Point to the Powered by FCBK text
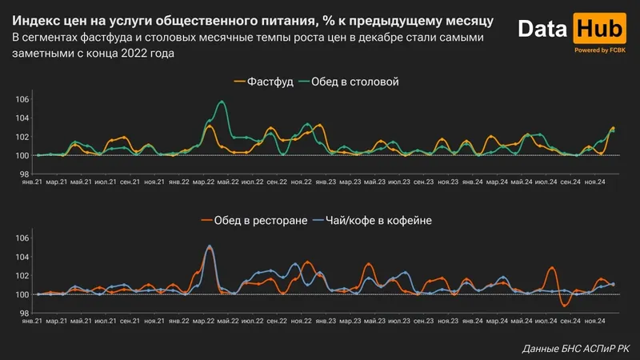coord(599,50)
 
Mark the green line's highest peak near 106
coord(222,102)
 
